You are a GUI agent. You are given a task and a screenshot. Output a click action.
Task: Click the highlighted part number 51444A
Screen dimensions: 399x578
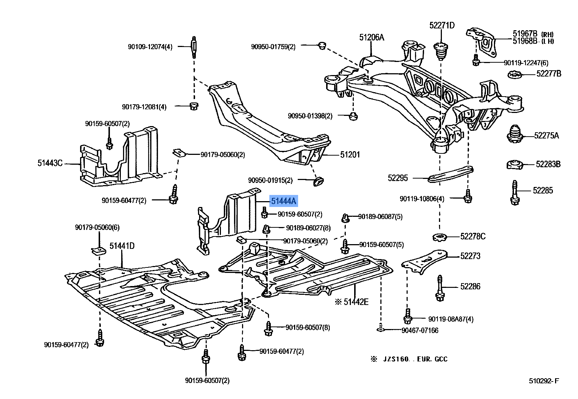tap(283, 201)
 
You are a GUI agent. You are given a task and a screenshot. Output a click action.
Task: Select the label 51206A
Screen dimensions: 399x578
tap(372, 38)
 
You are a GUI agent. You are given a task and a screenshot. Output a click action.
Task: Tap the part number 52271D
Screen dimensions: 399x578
tap(442, 26)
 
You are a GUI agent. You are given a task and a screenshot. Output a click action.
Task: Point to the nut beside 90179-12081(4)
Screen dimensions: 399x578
tap(194, 106)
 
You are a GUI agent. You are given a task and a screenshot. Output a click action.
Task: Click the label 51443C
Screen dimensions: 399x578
tap(50, 163)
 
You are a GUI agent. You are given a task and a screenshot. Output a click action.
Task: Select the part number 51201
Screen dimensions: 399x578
tap(350, 155)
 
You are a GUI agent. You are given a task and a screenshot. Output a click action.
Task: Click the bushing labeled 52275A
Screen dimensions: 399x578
tap(515, 135)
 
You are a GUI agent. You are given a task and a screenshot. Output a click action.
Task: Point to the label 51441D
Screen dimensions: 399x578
tap(122, 246)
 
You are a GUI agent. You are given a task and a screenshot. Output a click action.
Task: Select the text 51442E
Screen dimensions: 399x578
tap(356, 302)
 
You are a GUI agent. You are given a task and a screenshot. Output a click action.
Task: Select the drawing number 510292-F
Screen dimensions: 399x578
tap(544, 381)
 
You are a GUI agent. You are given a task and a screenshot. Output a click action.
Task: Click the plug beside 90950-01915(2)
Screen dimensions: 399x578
tap(318, 180)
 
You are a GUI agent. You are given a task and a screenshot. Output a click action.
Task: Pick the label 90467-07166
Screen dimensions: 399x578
tap(420, 330)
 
